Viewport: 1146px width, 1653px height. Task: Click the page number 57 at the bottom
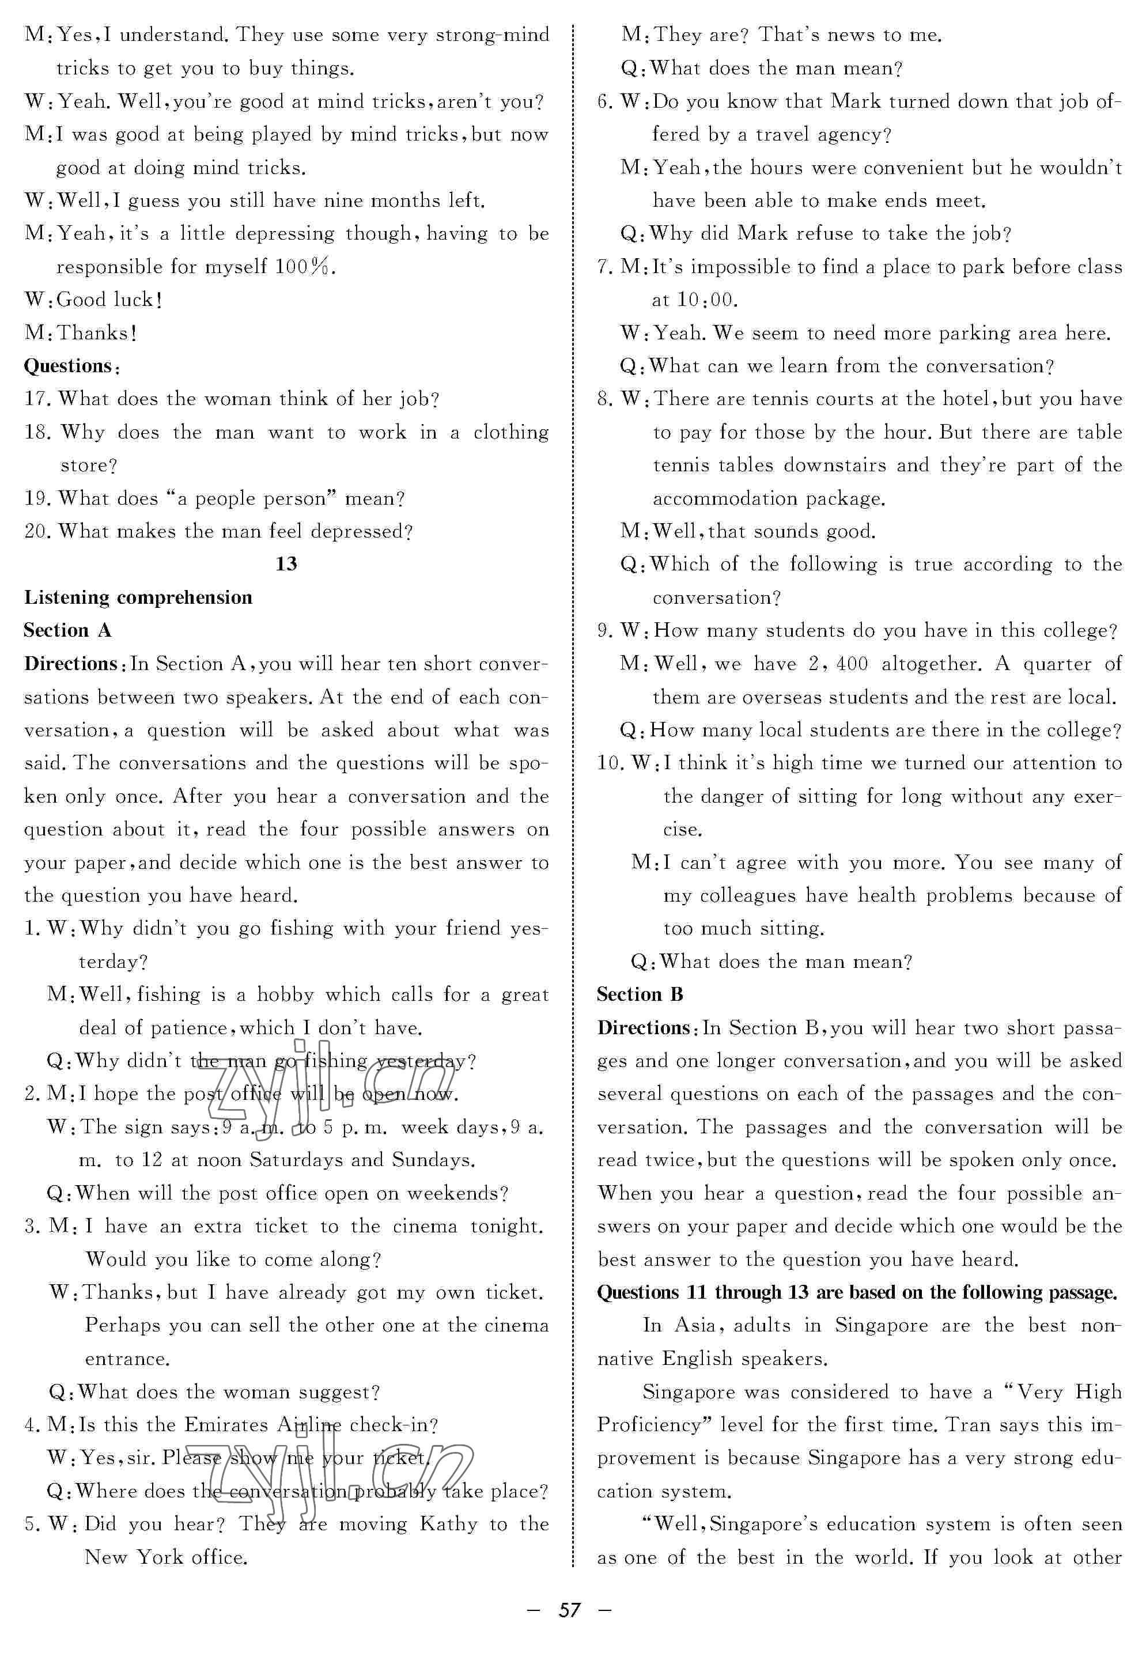[569, 1610]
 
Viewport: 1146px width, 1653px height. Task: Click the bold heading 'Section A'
[67, 630]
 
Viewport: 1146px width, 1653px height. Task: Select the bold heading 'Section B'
[640, 994]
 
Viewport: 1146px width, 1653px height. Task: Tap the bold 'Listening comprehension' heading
[138, 597]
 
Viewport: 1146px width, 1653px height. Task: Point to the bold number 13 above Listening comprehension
[286, 563]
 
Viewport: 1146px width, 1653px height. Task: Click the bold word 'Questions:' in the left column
[71, 366]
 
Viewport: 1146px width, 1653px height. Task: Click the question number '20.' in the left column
[37, 531]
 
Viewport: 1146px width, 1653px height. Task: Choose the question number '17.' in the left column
[37, 399]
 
